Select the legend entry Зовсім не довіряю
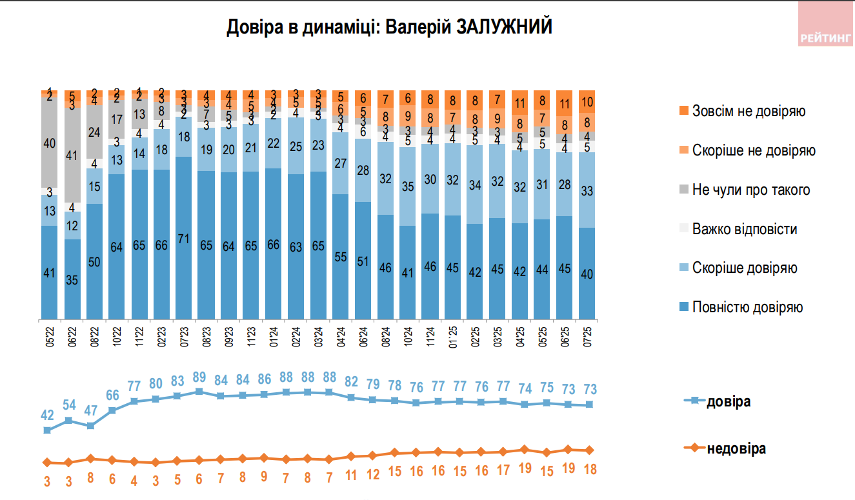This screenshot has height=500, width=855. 748,111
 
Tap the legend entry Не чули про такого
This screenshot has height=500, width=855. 750,190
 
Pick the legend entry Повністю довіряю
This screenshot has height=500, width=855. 747,307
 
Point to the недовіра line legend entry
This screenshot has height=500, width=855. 736,448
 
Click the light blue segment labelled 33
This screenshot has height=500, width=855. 588,190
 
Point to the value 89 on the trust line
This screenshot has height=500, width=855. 199,379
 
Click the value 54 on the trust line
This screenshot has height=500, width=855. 68,406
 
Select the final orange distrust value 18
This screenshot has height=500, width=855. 589,470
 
